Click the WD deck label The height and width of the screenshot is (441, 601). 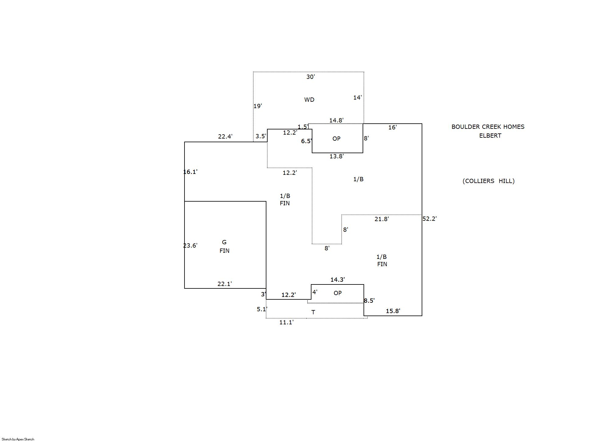point(309,100)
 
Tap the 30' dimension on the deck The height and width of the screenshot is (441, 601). point(310,77)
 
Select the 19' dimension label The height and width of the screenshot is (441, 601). point(258,106)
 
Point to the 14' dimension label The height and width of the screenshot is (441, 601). point(357,97)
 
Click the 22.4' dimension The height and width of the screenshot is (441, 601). point(225,136)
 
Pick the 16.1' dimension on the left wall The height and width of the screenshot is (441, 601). point(190,172)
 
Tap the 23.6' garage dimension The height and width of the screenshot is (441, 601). point(190,245)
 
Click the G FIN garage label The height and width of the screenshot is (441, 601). point(224,246)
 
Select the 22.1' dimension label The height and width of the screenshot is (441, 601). point(224,284)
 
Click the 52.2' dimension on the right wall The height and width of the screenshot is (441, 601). point(429,219)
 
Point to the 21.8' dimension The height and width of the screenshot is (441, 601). point(381,219)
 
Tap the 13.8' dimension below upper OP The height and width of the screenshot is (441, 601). point(336,156)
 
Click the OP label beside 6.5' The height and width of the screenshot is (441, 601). point(336,139)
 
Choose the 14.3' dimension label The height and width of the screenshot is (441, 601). point(337,280)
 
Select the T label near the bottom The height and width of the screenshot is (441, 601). point(313,312)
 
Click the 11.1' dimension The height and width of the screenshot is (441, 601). point(286,322)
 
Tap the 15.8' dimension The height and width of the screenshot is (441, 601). point(393,311)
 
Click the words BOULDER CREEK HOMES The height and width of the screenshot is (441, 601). point(488,127)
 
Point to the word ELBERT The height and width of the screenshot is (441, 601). point(490,136)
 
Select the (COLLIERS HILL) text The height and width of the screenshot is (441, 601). point(488,181)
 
